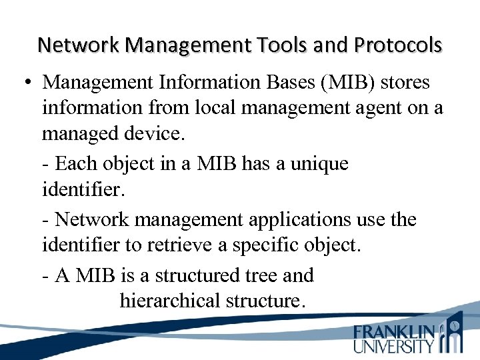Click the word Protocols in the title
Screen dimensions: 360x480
point(398,45)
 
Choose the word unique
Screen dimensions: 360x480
point(319,164)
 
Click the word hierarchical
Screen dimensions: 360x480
point(170,301)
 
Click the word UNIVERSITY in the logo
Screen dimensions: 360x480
point(393,346)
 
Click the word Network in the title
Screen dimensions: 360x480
point(79,45)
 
